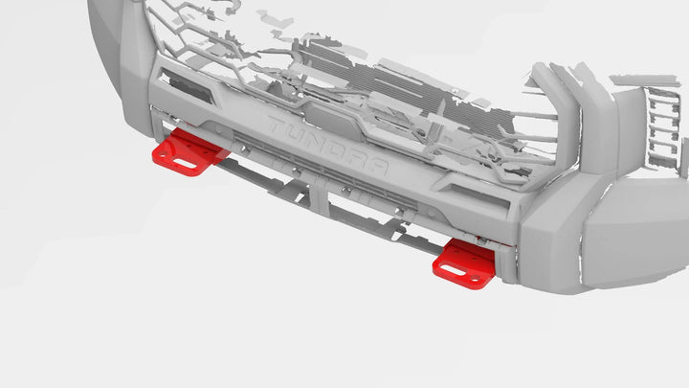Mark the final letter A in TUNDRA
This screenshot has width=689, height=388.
click(380, 168)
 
